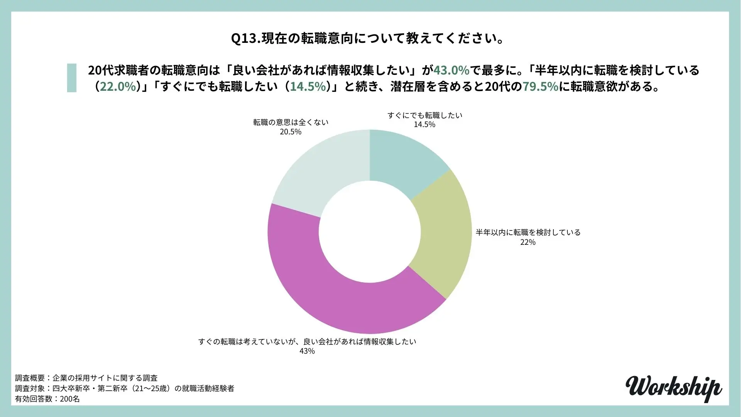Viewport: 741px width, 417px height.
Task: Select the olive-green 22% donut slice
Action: [444, 236]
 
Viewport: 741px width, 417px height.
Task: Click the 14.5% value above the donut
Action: [425, 124]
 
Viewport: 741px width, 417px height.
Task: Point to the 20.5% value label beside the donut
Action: [291, 132]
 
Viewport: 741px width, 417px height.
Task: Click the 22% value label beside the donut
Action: [528, 242]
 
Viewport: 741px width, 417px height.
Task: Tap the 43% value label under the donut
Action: [307, 351]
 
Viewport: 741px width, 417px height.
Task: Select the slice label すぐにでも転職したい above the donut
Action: [425, 115]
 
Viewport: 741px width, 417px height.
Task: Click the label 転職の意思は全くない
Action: [291, 122]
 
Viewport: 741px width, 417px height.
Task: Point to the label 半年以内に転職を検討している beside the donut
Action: [528, 232]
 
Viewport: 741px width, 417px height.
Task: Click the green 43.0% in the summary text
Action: [451, 70]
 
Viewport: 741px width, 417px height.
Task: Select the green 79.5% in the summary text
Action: [540, 86]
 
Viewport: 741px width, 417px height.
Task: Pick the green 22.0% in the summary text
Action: [118, 86]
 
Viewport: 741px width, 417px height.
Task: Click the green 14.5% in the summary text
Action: [308, 86]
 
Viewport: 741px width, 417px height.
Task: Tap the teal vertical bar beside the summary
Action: [72, 78]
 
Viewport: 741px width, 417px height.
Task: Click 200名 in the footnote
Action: [70, 399]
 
